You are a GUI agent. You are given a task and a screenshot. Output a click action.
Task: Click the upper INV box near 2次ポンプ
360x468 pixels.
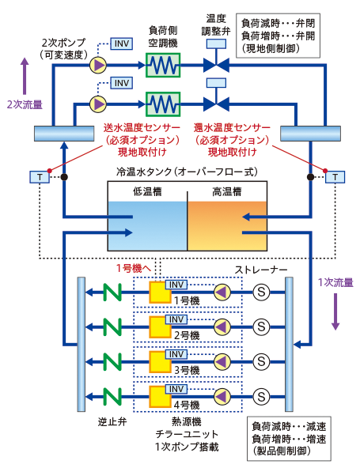tap(122, 43)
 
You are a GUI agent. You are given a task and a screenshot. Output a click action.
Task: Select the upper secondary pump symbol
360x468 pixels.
tap(98, 65)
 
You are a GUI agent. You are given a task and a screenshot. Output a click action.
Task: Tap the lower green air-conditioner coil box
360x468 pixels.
tap(163, 104)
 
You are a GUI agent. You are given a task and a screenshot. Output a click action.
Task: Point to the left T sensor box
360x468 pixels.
tap(40, 177)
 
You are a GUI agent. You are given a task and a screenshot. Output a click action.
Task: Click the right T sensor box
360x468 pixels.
tap(335, 177)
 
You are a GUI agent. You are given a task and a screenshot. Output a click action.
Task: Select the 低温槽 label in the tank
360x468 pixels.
tap(147, 191)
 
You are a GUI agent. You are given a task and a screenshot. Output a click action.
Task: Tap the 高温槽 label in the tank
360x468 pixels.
tap(227, 191)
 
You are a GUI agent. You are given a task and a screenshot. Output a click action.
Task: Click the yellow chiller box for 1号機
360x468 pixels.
tap(160, 292)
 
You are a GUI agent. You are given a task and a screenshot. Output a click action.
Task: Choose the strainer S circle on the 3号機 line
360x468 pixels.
tap(261, 362)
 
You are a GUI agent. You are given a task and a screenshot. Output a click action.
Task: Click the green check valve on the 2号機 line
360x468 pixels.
tap(112, 327)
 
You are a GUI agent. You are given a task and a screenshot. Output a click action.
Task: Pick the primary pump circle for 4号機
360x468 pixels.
tap(222, 397)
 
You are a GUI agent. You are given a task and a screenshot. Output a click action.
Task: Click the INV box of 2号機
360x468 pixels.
tap(176, 319)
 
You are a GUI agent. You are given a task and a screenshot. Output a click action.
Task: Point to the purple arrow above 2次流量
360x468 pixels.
tap(25, 77)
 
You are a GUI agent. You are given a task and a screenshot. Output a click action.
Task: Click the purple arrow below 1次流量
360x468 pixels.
tap(335, 311)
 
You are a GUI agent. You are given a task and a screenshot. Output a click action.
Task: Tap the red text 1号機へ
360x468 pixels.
tap(134, 268)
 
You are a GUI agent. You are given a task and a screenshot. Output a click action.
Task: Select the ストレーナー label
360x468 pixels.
tap(261, 270)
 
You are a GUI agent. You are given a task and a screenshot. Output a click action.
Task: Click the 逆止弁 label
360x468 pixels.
tap(112, 421)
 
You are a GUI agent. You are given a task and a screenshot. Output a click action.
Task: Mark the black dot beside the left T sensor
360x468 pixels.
tap(64, 177)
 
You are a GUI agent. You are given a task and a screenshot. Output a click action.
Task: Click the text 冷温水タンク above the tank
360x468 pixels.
tap(144, 172)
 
